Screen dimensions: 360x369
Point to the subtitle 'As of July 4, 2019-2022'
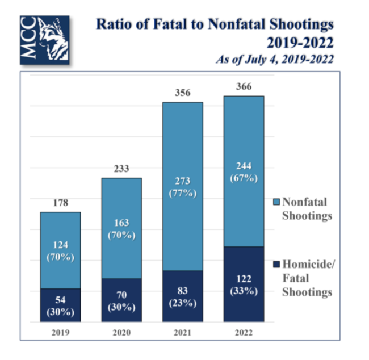[274, 59]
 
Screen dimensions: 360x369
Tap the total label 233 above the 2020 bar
[121, 169]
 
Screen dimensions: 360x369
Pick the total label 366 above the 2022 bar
[244, 86]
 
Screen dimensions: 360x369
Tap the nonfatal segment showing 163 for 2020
[121, 228]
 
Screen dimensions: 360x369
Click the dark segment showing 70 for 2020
[121, 300]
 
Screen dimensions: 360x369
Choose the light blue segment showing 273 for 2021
[182, 186]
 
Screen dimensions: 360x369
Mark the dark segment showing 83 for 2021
[182, 296]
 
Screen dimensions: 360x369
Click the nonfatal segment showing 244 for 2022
[244, 171]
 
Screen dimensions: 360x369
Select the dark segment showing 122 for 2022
[244, 284]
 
